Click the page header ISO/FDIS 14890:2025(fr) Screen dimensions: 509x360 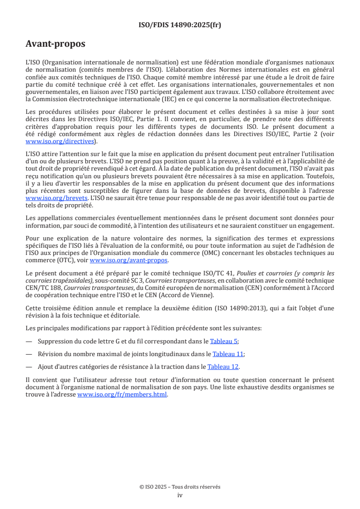[180, 25]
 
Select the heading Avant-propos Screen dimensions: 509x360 [55, 44]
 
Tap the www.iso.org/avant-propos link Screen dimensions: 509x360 [129, 260]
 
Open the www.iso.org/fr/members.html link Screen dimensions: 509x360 [123, 395]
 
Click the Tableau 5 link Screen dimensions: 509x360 [224, 341]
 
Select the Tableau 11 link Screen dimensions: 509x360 [228, 354]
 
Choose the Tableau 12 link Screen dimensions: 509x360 [223, 367]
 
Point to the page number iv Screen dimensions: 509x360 [180, 495]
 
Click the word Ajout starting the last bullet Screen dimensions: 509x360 [46, 367]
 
